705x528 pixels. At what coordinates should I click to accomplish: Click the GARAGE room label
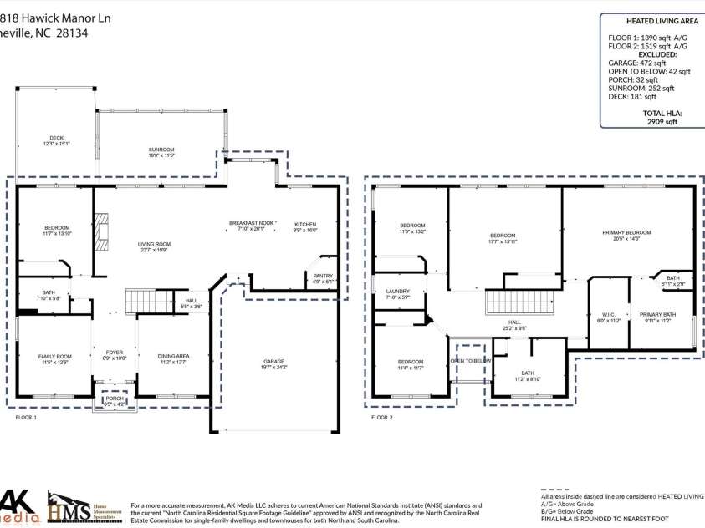pyautogui.click(x=274, y=362)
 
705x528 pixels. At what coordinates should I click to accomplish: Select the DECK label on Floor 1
pyautogui.click(x=56, y=138)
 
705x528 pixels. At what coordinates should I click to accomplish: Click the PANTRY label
pyautogui.click(x=323, y=276)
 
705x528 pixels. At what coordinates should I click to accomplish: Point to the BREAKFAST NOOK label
pyautogui.click(x=253, y=223)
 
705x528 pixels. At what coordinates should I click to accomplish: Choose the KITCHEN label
pyautogui.click(x=305, y=224)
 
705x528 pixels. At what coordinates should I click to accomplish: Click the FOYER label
pyautogui.click(x=114, y=353)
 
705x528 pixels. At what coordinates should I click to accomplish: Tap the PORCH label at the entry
pyautogui.click(x=114, y=399)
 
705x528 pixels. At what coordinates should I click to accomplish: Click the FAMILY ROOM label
pyautogui.click(x=55, y=357)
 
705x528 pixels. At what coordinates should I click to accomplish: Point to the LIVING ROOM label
pyautogui.click(x=154, y=244)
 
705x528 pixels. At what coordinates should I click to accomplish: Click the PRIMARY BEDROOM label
pyautogui.click(x=626, y=232)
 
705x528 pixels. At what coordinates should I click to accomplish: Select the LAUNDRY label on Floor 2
pyautogui.click(x=397, y=292)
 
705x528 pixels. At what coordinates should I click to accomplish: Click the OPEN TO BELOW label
pyautogui.click(x=470, y=361)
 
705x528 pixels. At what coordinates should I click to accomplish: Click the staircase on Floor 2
pyautogui.click(x=509, y=302)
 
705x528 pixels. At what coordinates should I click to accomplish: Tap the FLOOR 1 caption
pyautogui.click(x=26, y=416)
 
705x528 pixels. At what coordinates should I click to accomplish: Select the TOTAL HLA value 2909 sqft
pyautogui.click(x=661, y=121)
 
